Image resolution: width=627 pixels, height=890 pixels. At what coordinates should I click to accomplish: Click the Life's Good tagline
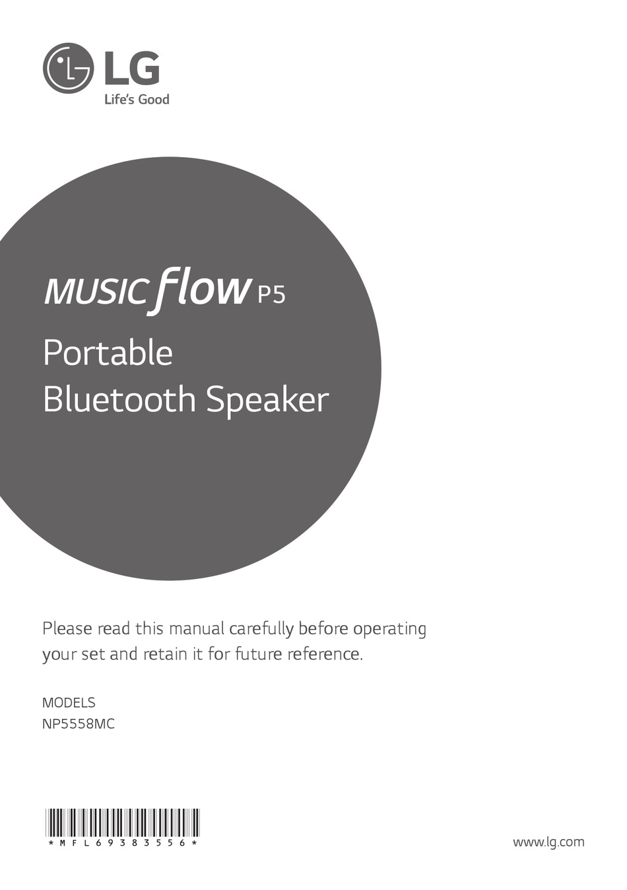click(137, 99)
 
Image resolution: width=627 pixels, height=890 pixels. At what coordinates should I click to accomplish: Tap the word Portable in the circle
click(108, 353)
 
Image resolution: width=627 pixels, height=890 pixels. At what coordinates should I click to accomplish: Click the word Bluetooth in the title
click(119, 399)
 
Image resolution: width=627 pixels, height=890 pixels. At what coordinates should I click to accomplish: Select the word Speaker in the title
click(267, 402)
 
